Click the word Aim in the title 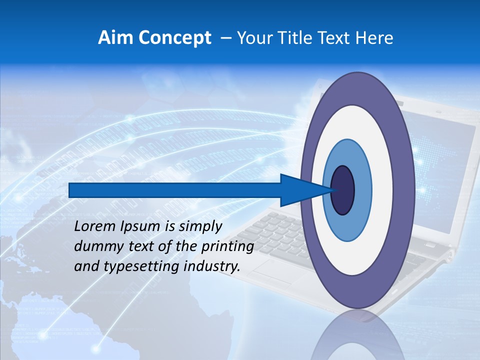pyautogui.click(x=111, y=37)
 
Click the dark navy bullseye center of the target pyautogui.click(x=343, y=190)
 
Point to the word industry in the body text pyautogui.click(x=212, y=266)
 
